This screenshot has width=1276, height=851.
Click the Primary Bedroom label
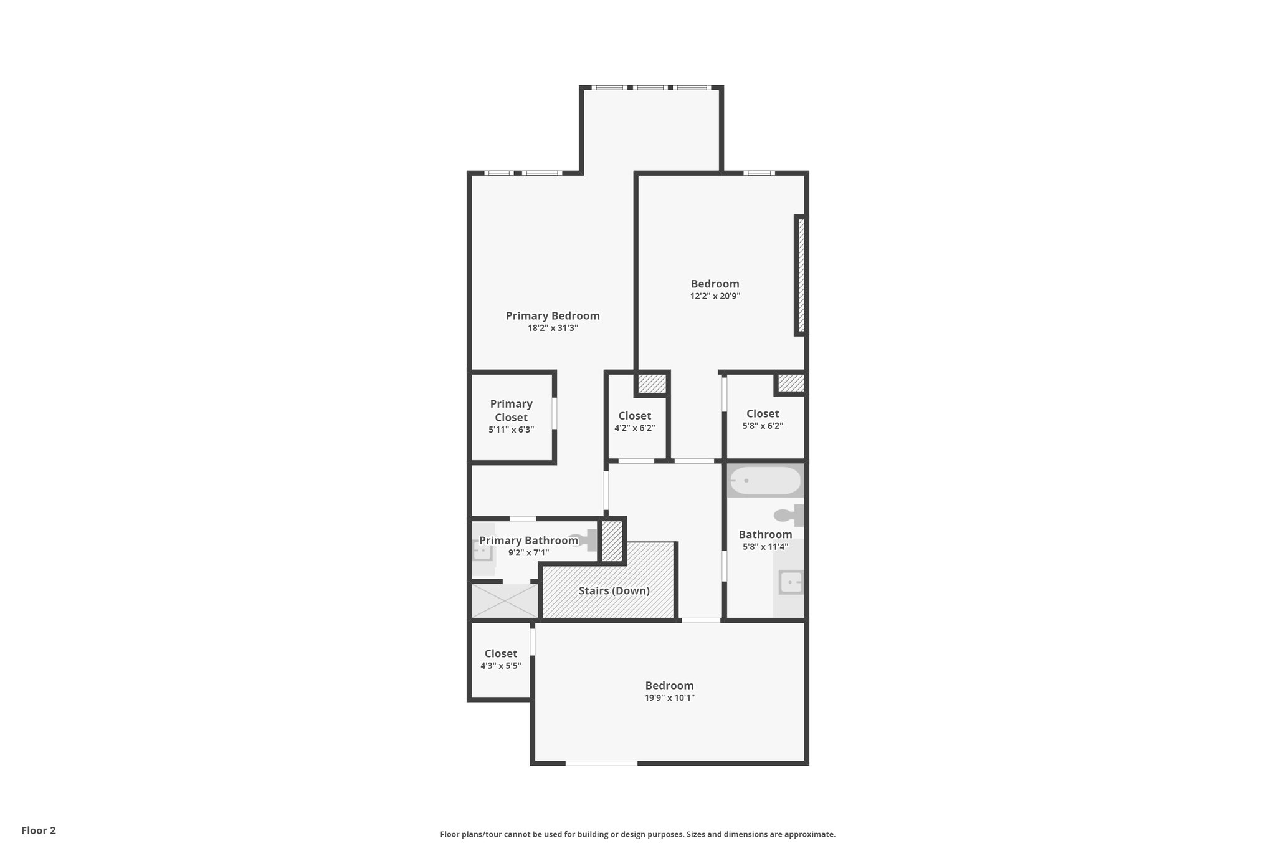(x=553, y=316)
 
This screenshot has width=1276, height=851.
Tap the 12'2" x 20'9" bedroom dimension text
(x=715, y=297)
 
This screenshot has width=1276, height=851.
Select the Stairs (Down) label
(x=614, y=590)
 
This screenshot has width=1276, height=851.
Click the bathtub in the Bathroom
(x=765, y=481)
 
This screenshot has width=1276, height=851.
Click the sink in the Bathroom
(x=791, y=582)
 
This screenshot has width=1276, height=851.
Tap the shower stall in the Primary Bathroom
(x=503, y=600)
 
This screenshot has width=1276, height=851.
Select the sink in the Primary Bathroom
(x=482, y=551)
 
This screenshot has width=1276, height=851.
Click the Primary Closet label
(x=511, y=410)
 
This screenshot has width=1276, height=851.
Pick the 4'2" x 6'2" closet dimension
(x=634, y=428)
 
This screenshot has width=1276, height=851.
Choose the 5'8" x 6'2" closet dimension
(x=763, y=426)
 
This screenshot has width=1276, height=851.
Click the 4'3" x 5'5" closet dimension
(x=500, y=666)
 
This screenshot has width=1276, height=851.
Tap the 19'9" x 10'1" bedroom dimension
(x=669, y=698)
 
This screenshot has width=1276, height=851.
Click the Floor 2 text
(x=39, y=830)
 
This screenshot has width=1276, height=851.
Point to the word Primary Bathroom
(x=528, y=541)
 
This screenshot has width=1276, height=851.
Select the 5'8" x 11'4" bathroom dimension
(x=765, y=547)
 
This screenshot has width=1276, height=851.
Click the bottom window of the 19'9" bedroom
(x=601, y=762)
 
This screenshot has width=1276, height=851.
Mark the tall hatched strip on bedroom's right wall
(x=801, y=275)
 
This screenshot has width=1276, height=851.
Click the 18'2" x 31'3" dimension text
(x=553, y=329)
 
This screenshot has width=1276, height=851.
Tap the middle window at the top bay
(x=650, y=88)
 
